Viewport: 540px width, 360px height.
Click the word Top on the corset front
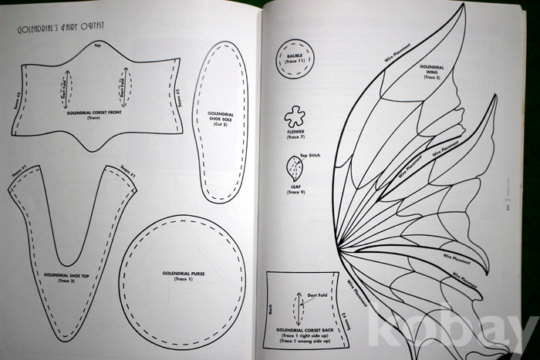[98, 45]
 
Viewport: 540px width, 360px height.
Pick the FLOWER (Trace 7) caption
[295, 135]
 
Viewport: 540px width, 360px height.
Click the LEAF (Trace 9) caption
[295, 189]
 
